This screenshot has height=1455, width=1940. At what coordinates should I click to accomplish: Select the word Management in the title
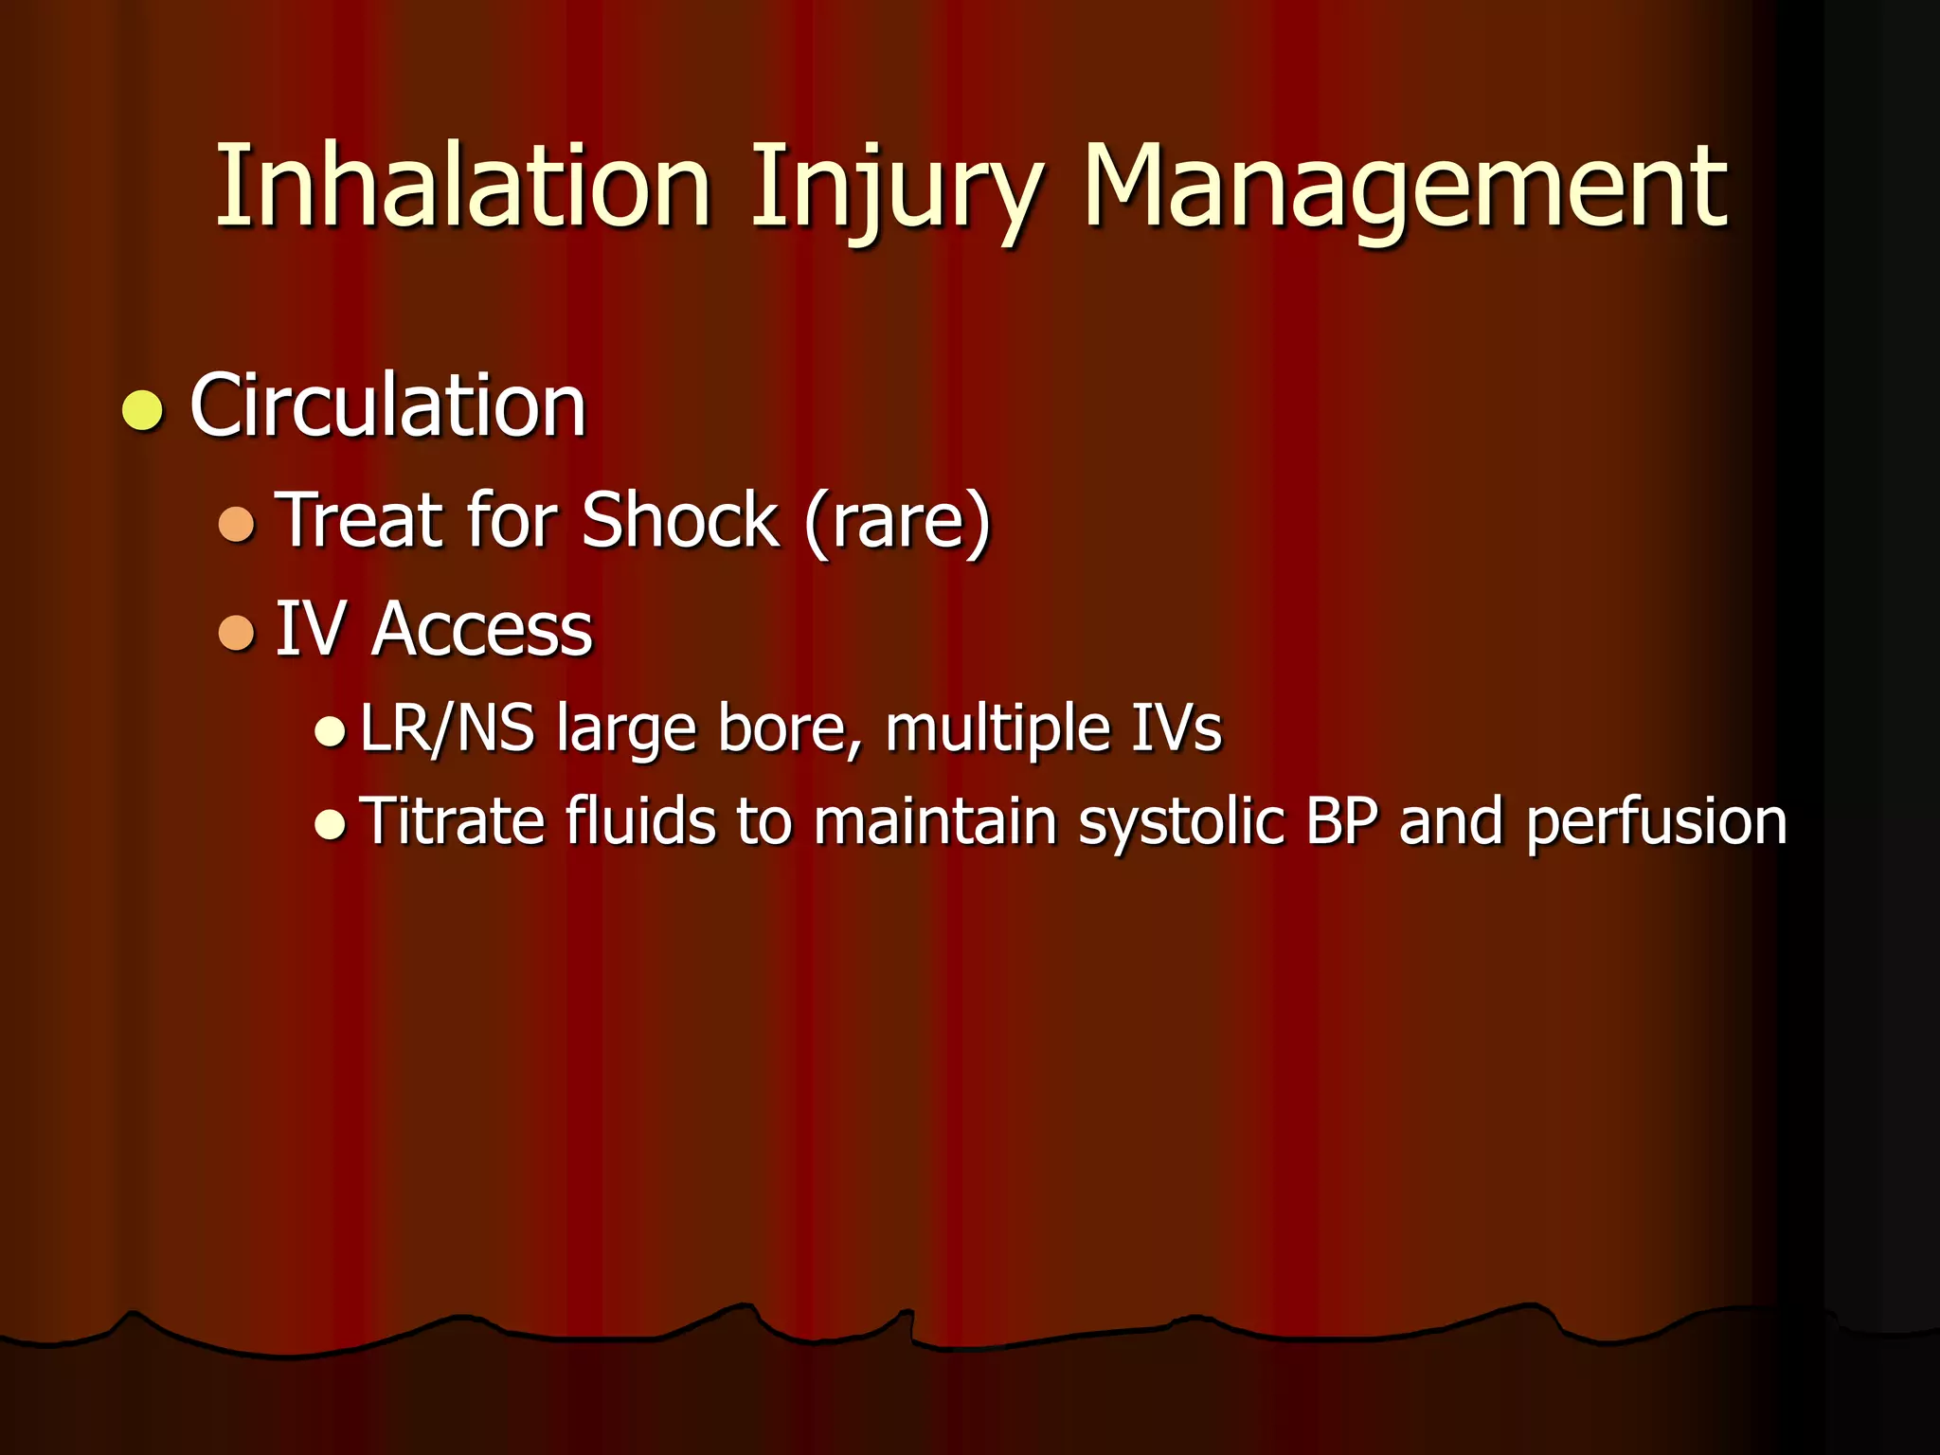[1405, 189]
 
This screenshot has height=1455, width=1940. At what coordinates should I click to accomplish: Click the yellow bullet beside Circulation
[143, 409]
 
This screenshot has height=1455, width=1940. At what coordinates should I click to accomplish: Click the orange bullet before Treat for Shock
[236, 523]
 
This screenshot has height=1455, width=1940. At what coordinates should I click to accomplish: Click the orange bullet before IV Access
[236, 632]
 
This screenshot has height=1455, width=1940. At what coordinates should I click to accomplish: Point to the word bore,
[789, 728]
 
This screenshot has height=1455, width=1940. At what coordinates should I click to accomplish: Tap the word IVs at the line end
[1176, 728]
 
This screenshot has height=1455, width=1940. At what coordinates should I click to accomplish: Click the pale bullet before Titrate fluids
[330, 823]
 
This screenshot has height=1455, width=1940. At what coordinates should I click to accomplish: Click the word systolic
[1180, 822]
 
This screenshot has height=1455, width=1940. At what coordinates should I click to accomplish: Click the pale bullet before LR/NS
[330, 730]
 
